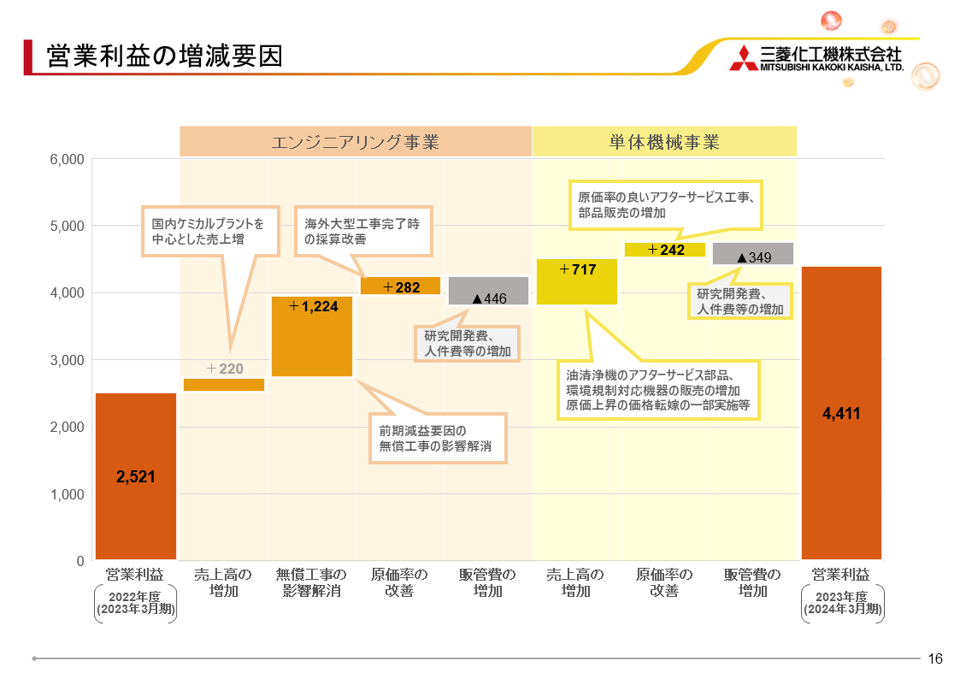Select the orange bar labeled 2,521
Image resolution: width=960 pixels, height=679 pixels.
point(136,476)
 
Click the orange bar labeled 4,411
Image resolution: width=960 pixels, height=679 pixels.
point(841,413)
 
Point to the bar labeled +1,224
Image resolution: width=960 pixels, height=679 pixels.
point(312,336)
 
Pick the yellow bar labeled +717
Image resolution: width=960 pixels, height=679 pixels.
point(577,281)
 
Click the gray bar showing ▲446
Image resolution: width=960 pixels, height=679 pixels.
point(488,291)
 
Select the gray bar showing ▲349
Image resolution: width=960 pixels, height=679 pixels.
point(753,254)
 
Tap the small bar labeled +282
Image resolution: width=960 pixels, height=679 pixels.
point(400,286)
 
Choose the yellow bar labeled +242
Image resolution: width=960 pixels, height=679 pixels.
point(665,250)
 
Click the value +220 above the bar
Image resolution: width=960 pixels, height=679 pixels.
point(225,369)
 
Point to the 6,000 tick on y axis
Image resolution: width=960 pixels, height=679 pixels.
point(67,159)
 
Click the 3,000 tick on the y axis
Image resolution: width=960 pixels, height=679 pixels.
point(67,360)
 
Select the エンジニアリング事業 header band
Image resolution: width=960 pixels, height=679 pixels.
point(355,141)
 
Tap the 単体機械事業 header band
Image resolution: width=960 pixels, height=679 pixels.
point(664,141)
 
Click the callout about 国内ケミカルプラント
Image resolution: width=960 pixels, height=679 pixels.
point(209,232)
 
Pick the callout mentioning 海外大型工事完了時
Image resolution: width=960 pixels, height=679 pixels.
point(362,232)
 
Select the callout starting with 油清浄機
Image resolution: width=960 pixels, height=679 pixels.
point(658,390)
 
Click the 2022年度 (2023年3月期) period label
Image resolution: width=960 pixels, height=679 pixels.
point(135,603)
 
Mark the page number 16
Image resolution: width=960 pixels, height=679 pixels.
point(935,658)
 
